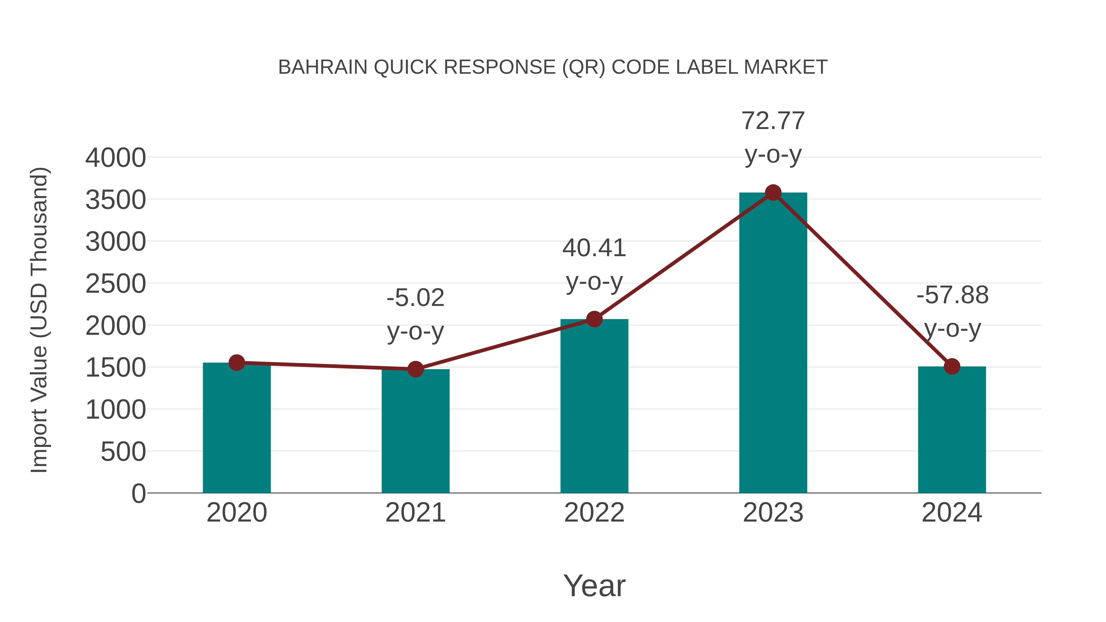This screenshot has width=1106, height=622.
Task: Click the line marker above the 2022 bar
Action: [x=594, y=319]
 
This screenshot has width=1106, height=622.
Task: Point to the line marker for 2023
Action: [x=773, y=193]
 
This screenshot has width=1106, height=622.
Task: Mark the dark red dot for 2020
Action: [x=237, y=363]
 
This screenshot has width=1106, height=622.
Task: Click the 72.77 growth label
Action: [x=773, y=121]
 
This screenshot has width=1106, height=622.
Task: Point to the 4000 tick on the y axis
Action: [x=116, y=158]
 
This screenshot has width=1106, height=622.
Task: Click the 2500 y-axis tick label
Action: [x=116, y=284]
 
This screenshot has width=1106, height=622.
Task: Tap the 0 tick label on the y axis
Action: [x=139, y=494]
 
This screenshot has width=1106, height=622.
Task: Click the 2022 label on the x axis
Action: [x=594, y=513]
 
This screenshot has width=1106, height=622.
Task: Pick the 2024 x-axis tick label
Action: [x=951, y=513]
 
